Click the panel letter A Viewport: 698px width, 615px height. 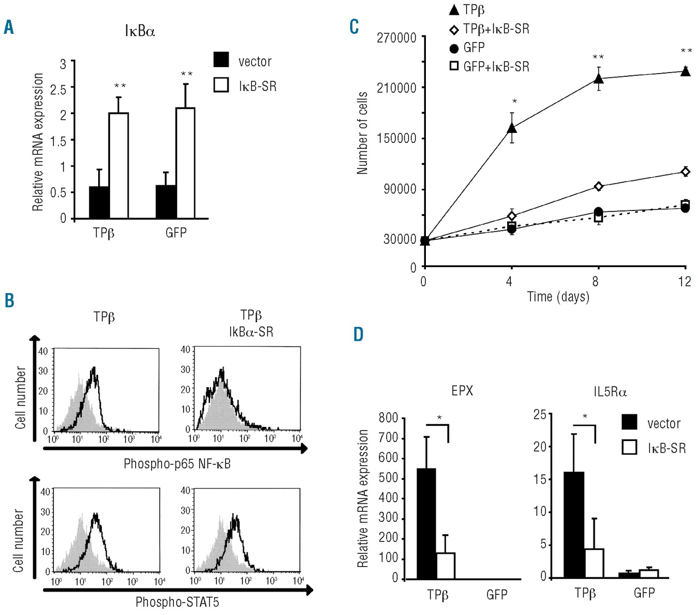[x=9, y=27]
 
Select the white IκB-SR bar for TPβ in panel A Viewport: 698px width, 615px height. [x=118, y=166]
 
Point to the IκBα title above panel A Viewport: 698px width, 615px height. [x=140, y=32]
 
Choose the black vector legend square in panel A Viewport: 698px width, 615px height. [x=221, y=60]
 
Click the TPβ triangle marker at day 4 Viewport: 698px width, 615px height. [x=512, y=128]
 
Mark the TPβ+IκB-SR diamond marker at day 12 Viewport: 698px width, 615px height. [x=685, y=172]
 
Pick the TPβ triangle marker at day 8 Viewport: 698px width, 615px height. [x=598, y=79]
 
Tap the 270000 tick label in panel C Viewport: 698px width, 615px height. [x=396, y=38]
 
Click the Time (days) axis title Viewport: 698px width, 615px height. [x=558, y=297]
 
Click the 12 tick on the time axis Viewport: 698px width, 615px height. [x=684, y=282]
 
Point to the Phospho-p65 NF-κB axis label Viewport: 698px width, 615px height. [x=177, y=464]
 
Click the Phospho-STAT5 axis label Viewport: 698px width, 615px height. [x=177, y=602]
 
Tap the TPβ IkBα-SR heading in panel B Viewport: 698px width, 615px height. [x=251, y=323]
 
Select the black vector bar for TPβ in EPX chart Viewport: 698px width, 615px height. [x=426, y=523]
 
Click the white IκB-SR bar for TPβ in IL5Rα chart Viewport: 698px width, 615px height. [x=594, y=563]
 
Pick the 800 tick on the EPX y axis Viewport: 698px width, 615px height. [x=388, y=418]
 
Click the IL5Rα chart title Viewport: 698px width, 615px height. [x=610, y=391]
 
